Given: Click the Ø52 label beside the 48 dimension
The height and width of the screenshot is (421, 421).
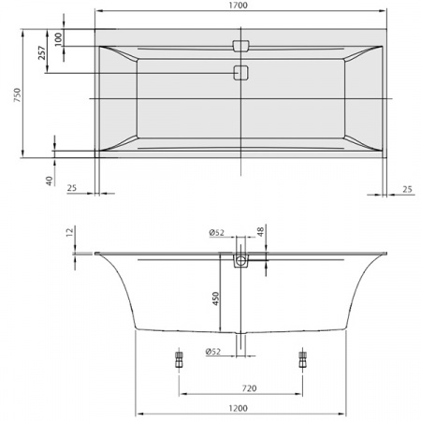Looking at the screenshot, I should tap(217, 233).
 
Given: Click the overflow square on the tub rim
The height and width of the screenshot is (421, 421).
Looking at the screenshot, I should tap(241, 46).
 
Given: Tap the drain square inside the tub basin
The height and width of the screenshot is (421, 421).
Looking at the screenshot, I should tap(241, 73).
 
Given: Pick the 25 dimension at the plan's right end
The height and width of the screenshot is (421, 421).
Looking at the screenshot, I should tap(407, 188).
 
